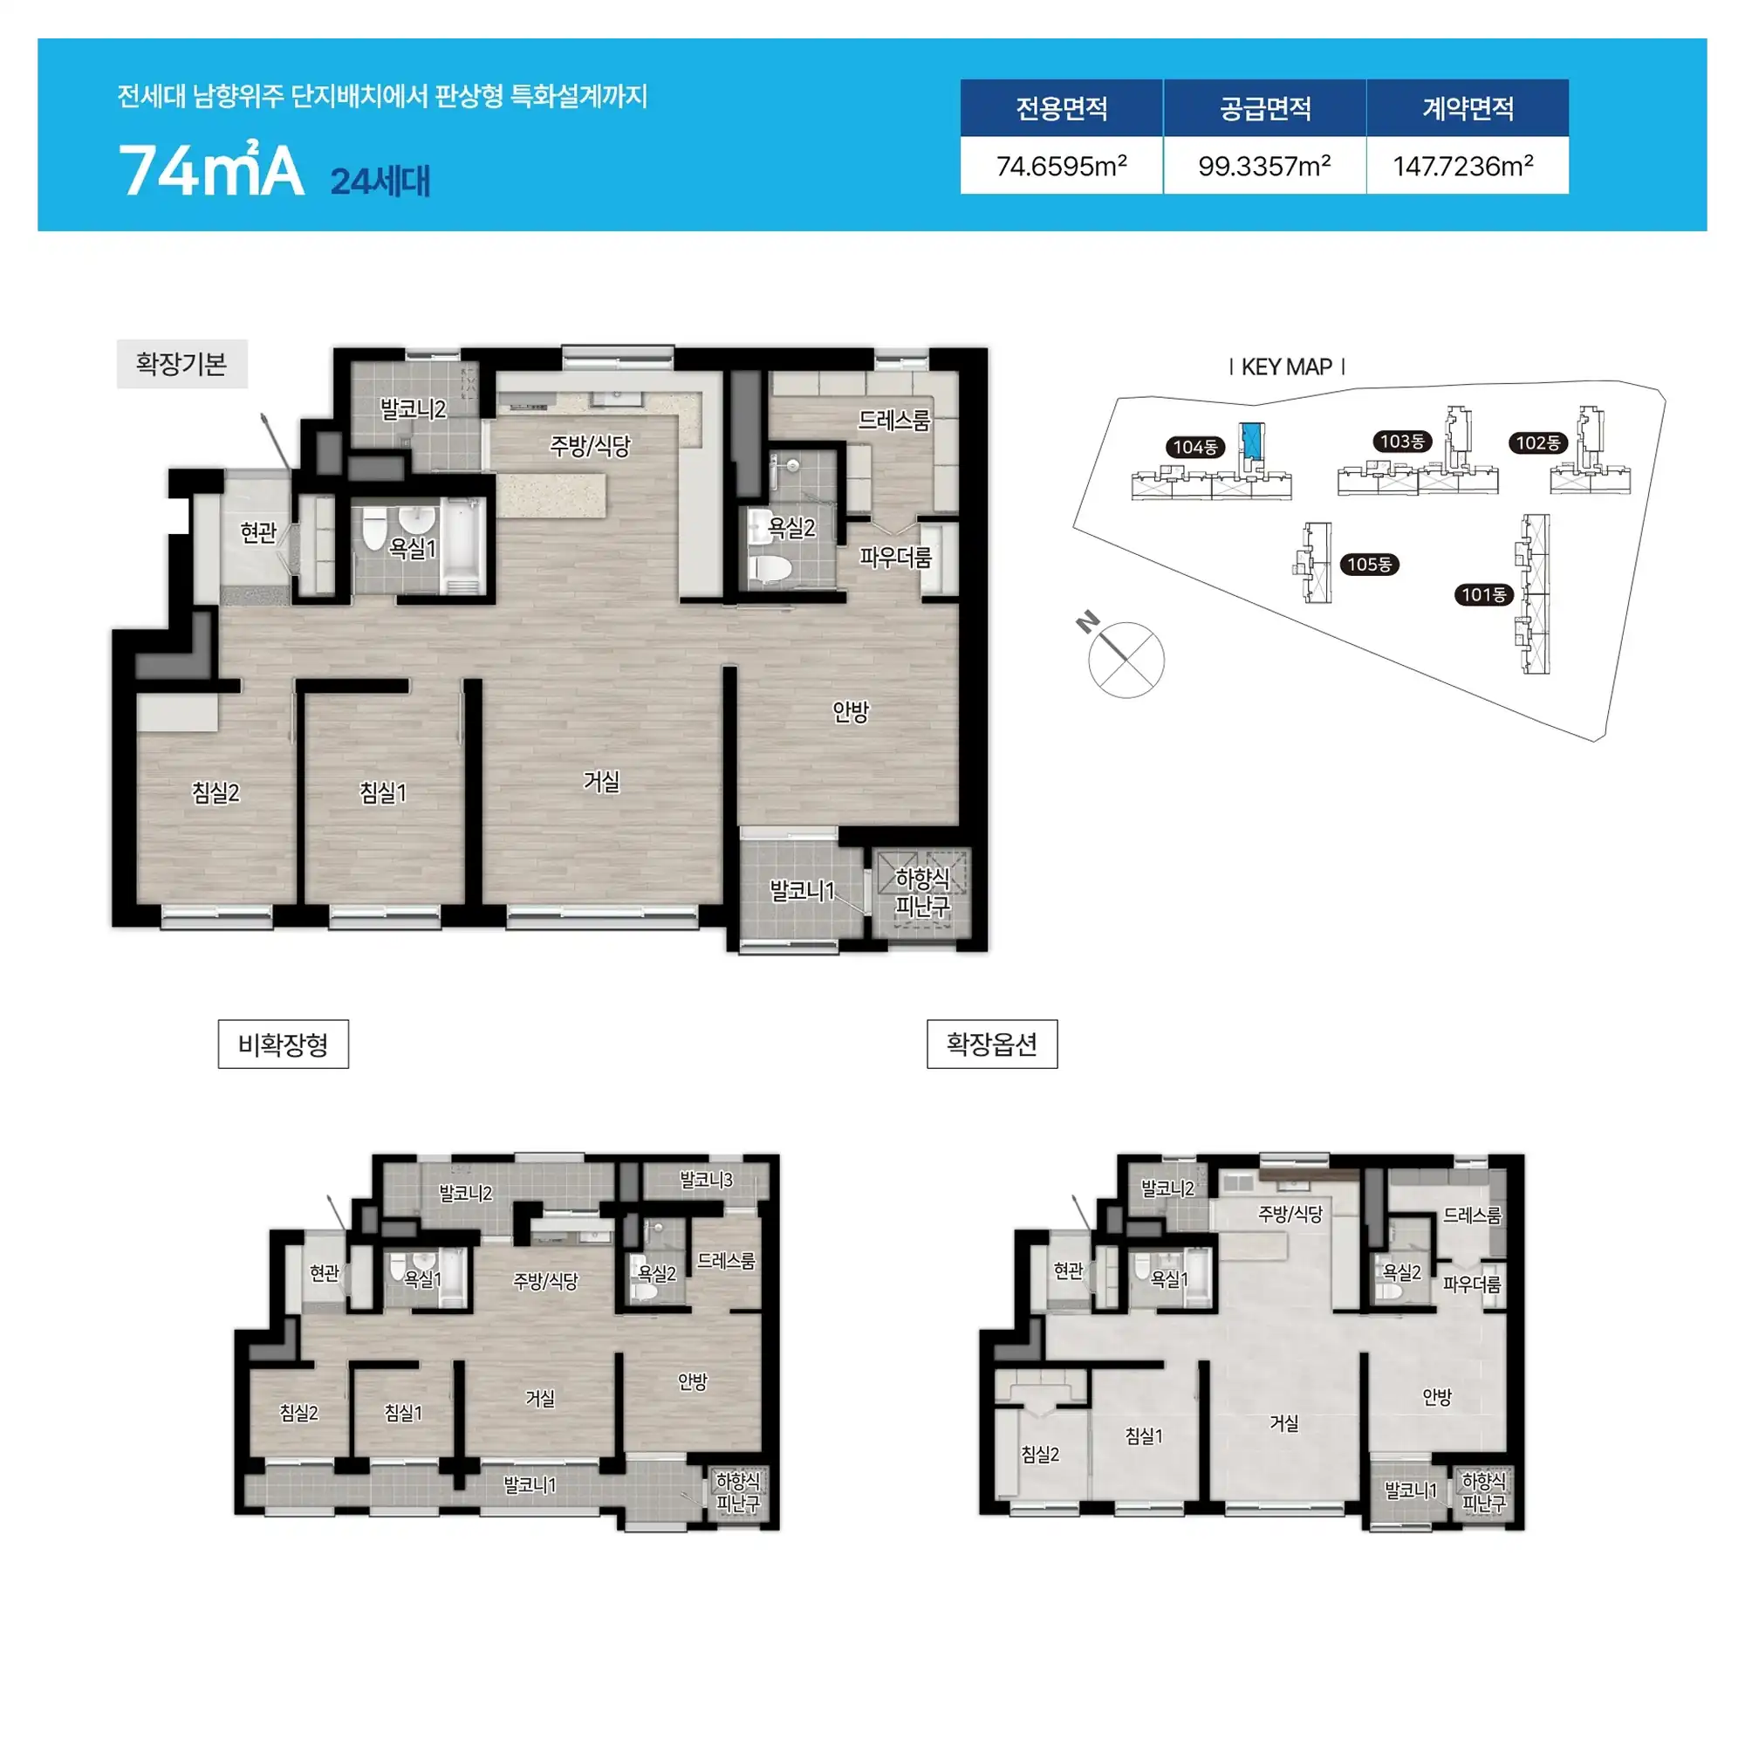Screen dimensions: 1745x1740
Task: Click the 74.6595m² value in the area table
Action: point(1061,166)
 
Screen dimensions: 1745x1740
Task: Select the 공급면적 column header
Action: point(1264,108)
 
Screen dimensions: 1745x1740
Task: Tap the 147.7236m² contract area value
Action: point(1463,166)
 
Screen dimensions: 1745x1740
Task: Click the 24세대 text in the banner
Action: point(380,181)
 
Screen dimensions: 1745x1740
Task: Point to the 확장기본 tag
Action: point(181,363)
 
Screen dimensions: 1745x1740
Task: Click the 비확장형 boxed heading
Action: point(283,1045)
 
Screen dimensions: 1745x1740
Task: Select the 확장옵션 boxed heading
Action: point(992,1045)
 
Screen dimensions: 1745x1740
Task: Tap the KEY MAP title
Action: point(1287,366)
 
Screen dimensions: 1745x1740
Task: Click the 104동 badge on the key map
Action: point(1195,447)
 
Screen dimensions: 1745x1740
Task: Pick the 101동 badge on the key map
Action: point(1484,594)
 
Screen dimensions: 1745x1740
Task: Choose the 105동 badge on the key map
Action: point(1369,565)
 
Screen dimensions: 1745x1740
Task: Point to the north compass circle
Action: point(1126,661)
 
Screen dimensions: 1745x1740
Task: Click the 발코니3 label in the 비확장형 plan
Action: point(705,1180)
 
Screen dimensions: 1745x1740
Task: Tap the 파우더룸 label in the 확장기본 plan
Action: point(895,558)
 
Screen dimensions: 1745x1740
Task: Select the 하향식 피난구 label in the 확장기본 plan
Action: point(922,892)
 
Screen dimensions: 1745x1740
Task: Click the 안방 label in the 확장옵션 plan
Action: point(1436,1397)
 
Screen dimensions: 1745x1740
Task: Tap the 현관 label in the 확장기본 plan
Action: point(258,532)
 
